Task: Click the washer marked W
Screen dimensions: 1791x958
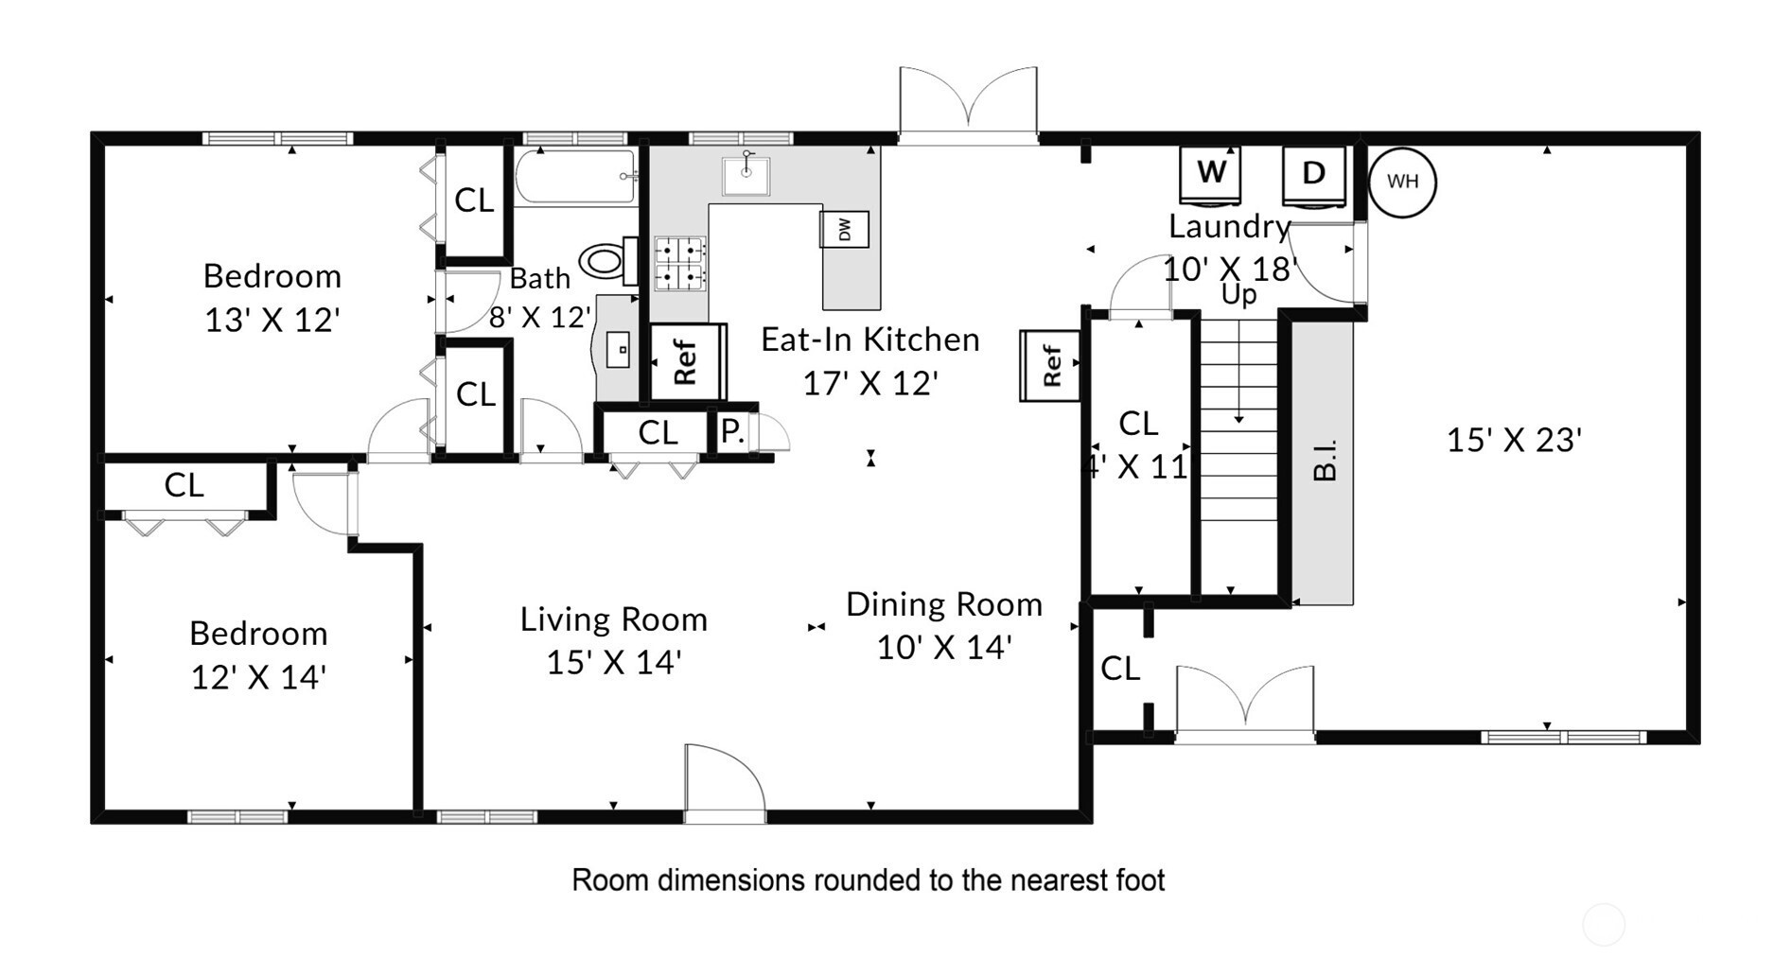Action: tap(1210, 175)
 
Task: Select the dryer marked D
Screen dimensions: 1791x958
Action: tap(1313, 175)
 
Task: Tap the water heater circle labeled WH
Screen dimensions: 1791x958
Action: tap(1402, 182)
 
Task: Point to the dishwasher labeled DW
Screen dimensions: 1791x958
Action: tap(844, 229)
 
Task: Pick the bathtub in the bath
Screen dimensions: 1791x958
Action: tap(575, 176)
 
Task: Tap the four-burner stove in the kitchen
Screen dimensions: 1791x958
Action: tap(680, 263)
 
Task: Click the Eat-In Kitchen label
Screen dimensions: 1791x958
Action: tap(870, 340)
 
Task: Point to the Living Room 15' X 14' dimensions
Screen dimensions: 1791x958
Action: tap(614, 662)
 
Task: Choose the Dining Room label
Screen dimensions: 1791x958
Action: tap(944, 604)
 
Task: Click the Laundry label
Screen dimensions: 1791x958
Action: tap(1230, 227)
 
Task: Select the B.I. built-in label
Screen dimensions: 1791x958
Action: tap(1326, 460)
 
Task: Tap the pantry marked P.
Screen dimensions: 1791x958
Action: tap(732, 431)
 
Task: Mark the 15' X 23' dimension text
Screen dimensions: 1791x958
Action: tap(1514, 440)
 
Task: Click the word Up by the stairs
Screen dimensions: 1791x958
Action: tap(1238, 295)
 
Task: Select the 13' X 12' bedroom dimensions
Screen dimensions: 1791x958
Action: tap(272, 321)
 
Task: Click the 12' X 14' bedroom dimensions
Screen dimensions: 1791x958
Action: tap(258, 677)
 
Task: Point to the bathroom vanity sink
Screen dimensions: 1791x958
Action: tap(619, 349)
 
